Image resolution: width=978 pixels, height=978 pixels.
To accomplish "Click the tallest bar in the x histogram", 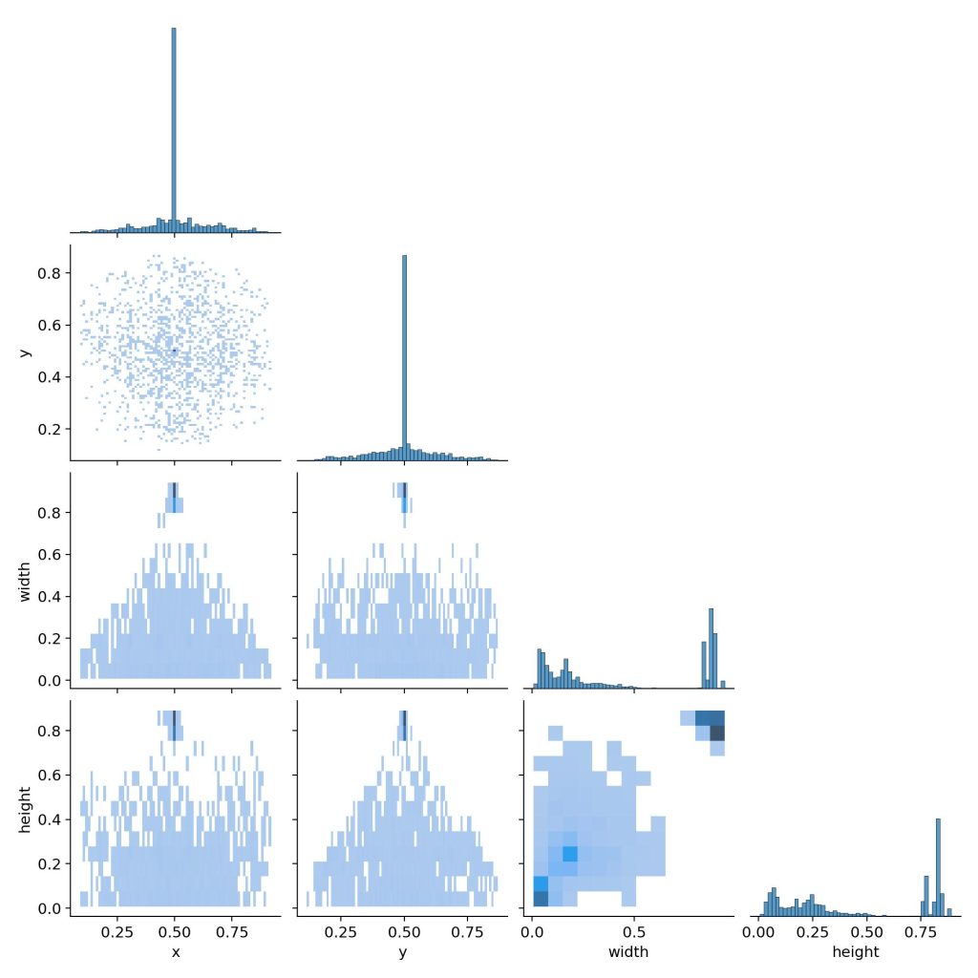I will (174, 129).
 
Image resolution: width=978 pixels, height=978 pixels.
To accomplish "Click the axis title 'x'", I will (175, 952).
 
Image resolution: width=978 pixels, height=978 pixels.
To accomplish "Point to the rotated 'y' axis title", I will (24, 352).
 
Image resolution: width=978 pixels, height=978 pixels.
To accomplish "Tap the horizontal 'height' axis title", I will (856, 952).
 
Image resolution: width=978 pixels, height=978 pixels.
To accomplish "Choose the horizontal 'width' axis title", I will (627, 952).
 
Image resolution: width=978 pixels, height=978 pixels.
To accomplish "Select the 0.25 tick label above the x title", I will (117, 932).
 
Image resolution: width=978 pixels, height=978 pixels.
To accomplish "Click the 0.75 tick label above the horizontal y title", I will (468, 932).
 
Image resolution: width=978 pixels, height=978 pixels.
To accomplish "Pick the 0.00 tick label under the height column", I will (758, 932).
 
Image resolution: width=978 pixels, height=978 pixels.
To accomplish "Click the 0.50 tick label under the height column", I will (866, 932).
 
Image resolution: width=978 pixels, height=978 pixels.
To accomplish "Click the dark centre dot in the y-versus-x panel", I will (175, 351).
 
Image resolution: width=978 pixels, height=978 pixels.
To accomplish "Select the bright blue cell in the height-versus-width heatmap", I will (570, 853).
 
